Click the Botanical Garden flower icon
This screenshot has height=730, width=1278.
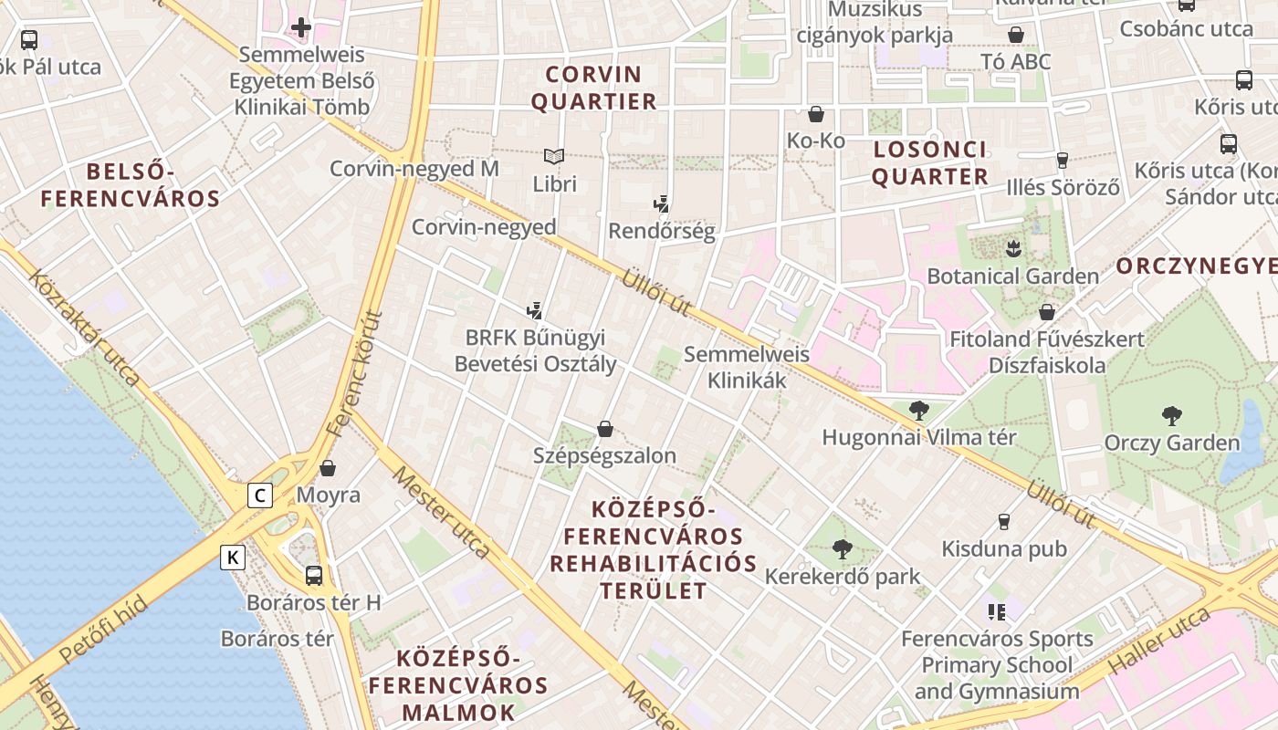(1011, 248)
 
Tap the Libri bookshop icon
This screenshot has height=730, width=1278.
(554, 156)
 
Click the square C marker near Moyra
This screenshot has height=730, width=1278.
(260, 495)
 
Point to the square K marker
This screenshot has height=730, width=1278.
(234, 557)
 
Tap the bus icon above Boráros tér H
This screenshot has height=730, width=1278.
(313, 575)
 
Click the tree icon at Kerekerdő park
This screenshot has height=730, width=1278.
(842, 549)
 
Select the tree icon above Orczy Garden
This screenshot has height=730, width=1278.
(1172, 416)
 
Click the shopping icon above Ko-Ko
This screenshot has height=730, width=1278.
(816, 114)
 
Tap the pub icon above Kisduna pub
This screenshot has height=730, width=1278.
(1004, 522)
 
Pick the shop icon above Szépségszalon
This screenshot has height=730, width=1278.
(604, 429)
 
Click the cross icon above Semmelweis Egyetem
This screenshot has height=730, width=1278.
(301, 27)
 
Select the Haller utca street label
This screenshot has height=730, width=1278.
(1158, 643)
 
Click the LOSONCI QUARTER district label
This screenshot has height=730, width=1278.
(929, 163)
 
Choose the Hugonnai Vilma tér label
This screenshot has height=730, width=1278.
(919, 437)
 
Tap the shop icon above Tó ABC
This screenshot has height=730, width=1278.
(1016, 35)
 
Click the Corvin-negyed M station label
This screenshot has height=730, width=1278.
(414, 169)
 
